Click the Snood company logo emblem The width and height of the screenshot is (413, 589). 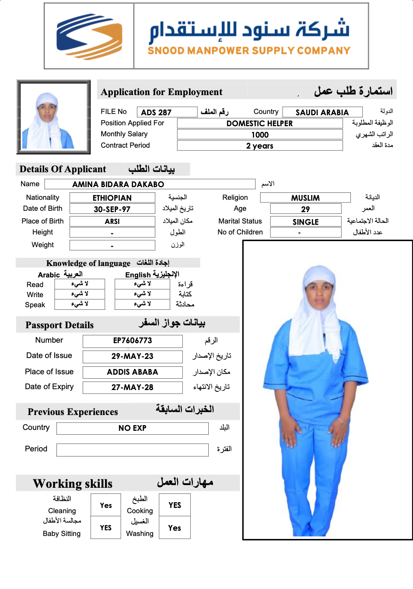(89, 36)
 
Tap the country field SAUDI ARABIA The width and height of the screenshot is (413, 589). (322, 112)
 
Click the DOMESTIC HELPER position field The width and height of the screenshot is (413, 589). (259, 123)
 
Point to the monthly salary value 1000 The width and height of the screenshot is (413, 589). (259, 135)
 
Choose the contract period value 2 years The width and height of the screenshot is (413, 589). (259, 145)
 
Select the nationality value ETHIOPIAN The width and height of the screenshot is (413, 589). (112, 198)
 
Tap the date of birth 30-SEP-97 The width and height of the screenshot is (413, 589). (112, 209)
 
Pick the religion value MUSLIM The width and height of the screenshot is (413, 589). (305, 198)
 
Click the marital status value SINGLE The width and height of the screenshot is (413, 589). (305, 222)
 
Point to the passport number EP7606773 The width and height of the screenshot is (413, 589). (133, 341)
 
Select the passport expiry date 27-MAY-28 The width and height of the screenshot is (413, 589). (133, 387)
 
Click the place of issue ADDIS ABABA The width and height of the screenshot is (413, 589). (133, 372)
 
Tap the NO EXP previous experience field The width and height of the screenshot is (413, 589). (133, 428)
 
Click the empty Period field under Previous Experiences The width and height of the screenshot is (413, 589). (133, 450)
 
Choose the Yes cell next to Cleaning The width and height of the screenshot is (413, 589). (106, 505)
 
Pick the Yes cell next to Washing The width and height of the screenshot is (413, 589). (175, 528)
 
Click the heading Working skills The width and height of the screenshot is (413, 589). (73, 483)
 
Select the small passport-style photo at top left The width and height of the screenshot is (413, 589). (53, 117)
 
